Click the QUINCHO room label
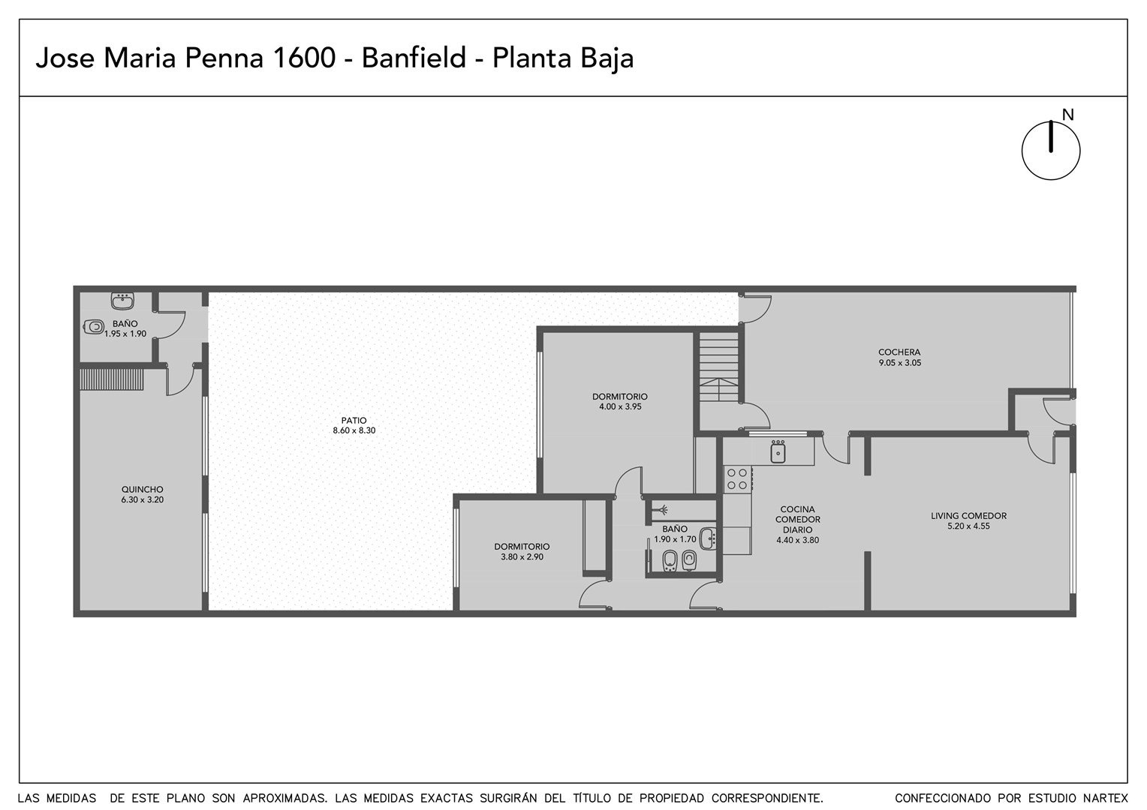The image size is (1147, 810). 142,489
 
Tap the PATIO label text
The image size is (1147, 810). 354,421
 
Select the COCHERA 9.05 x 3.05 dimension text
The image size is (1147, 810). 899,363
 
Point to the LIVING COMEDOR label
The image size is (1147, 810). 968,516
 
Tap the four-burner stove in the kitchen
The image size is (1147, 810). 737,479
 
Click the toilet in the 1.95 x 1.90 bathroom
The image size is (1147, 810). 94,326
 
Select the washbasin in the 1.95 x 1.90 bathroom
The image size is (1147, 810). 122,301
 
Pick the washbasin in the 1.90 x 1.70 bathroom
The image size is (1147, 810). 708,538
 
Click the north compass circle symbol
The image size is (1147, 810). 1050,151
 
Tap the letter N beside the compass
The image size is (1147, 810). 1067,115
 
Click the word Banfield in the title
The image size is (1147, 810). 413,58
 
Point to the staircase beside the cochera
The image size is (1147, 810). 719,366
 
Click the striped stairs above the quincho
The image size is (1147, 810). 112,379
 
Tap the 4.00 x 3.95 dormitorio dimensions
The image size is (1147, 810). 619,406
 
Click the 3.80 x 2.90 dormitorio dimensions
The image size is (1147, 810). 522,556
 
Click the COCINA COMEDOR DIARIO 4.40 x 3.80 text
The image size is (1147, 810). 797,524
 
